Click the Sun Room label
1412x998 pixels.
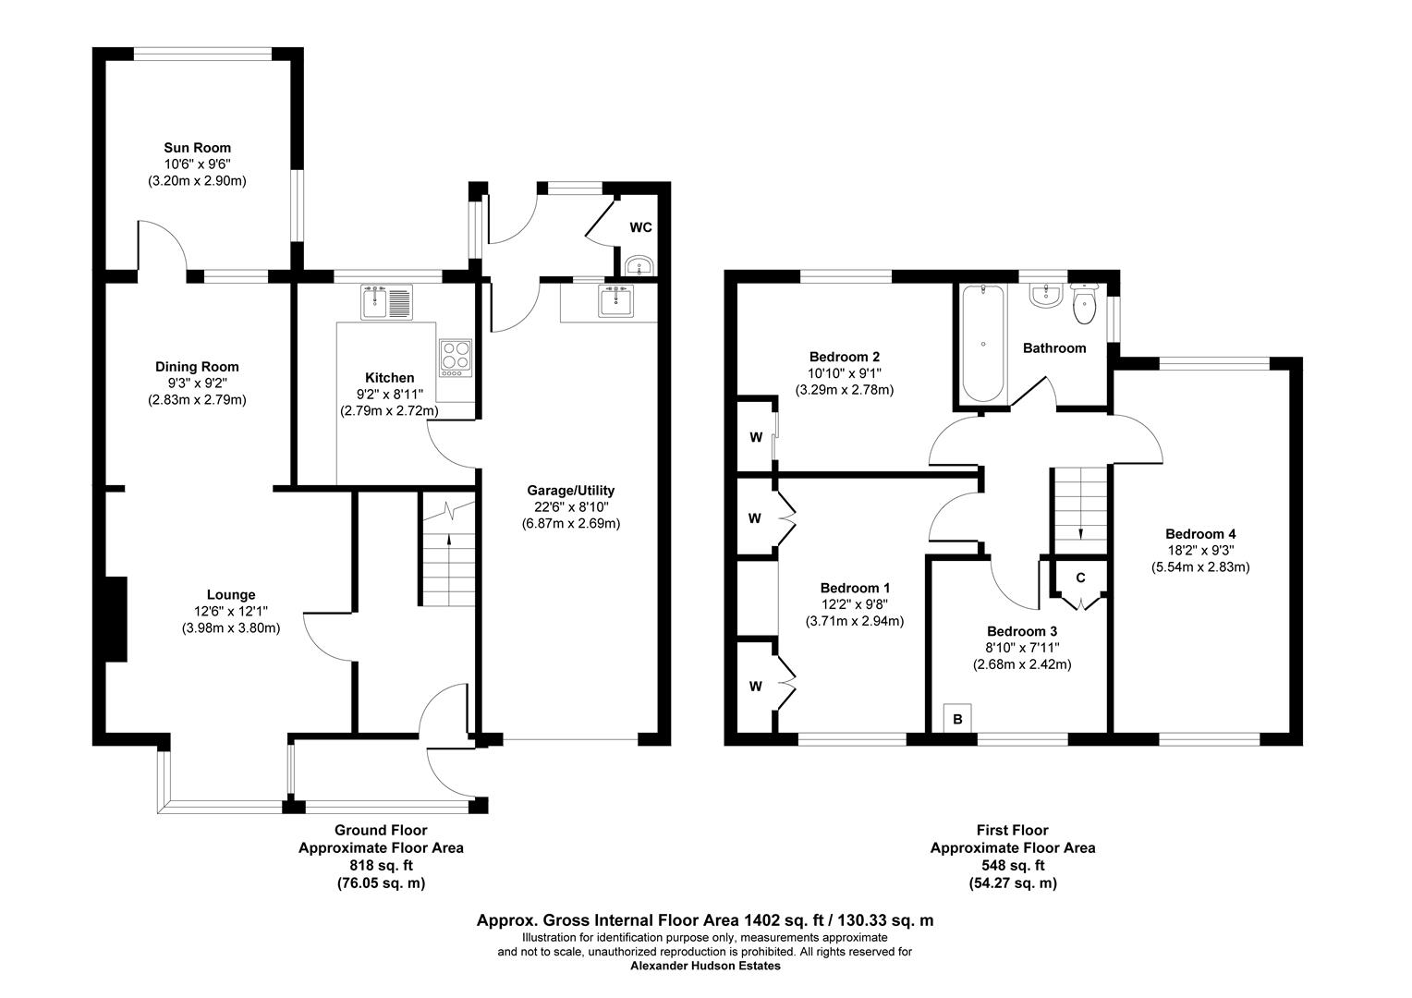[x=197, y=148]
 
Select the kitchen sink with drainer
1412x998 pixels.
[x=387, y=301]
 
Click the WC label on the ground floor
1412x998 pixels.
[x=641, y=227]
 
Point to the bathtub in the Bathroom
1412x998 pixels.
[x=983, y=343]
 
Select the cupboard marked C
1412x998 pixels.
[x=1080, y=579]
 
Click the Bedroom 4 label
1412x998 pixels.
[x=1200, y=534]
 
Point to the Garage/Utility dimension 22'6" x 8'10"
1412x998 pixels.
[x=570, y=506]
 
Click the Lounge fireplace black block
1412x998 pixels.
[x=116, y=619]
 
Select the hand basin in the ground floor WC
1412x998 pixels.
[x=639, y=267]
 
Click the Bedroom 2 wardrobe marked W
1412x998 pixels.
[x=755, y=436]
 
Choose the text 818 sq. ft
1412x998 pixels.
[x=381, y=866]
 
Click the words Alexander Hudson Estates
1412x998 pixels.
[x=705, y=967]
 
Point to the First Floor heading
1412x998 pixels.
[x=1012, y=831]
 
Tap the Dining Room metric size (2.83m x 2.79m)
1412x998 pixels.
[x=197, y=400]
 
